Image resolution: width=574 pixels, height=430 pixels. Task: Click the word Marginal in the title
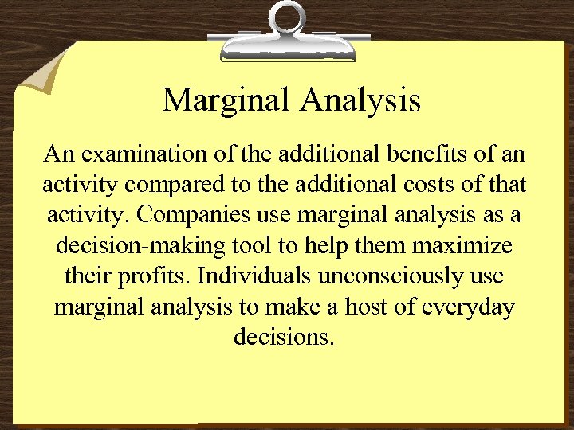tap(227, 100)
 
